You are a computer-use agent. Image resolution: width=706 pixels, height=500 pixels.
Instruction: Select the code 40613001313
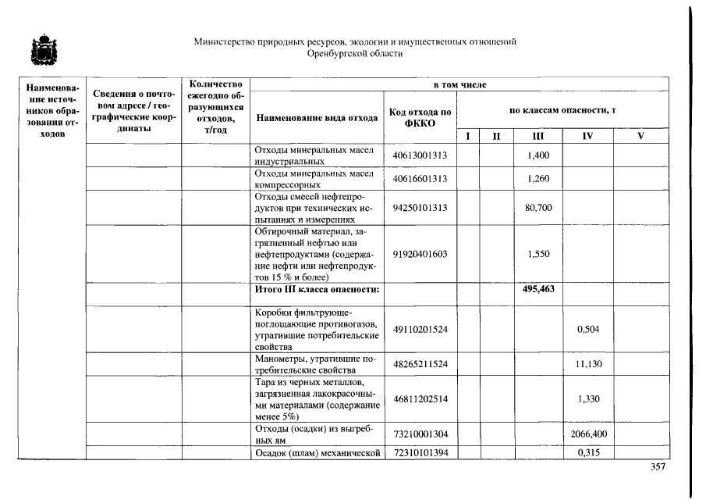coord(420,155)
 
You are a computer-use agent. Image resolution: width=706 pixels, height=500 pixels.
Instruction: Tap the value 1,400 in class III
coord(538,155)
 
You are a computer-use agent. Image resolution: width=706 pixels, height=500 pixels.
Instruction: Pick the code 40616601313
coord(420,179)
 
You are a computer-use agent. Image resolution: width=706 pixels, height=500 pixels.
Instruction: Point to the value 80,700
coord(538,209)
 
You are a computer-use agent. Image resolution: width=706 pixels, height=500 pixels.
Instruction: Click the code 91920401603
coord(420,254)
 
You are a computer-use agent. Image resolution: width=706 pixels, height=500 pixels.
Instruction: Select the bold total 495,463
coord(538,290)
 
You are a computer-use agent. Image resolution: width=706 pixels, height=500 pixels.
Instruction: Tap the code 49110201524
coord(420,329)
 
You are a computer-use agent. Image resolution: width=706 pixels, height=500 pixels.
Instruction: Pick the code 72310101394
coord(420,452)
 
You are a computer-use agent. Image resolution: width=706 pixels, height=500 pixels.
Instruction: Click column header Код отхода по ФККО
coord(420,118)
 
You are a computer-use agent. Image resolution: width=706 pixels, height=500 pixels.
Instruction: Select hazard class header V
coord(641,136)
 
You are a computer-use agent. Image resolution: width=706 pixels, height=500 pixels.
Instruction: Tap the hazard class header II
coord(495,136)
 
